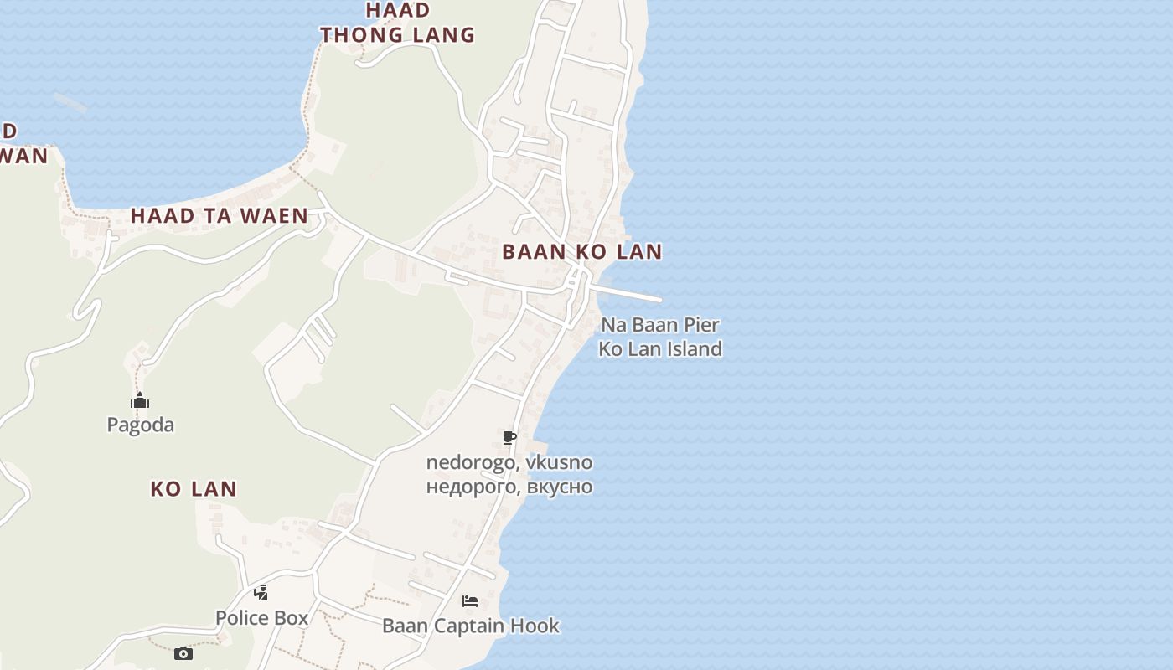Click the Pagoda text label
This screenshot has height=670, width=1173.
click(141, 425)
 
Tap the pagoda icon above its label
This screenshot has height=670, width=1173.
click(140, 400)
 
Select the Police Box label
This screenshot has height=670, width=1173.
click(262, 618)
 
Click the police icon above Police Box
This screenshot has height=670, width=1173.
click(261, 593)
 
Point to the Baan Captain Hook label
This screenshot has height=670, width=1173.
click(471, 626)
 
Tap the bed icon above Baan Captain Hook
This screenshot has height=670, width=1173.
click(470, 601)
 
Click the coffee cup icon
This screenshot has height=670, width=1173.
click(509, 437)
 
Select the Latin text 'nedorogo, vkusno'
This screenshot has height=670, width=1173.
click(509, 462)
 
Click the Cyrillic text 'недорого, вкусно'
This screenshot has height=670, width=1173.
click(509, 487)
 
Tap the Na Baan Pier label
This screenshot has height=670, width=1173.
click(660, 325)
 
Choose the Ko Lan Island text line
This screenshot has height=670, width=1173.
click(660, 349)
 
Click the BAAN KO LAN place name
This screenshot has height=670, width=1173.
click(582, 251)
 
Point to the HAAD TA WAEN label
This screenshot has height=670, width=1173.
click(220, 216)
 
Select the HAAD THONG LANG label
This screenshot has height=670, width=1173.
click(397, 23)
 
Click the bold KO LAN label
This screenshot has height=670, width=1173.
click(194, 489)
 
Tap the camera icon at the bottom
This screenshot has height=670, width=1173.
click(183, 653)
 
